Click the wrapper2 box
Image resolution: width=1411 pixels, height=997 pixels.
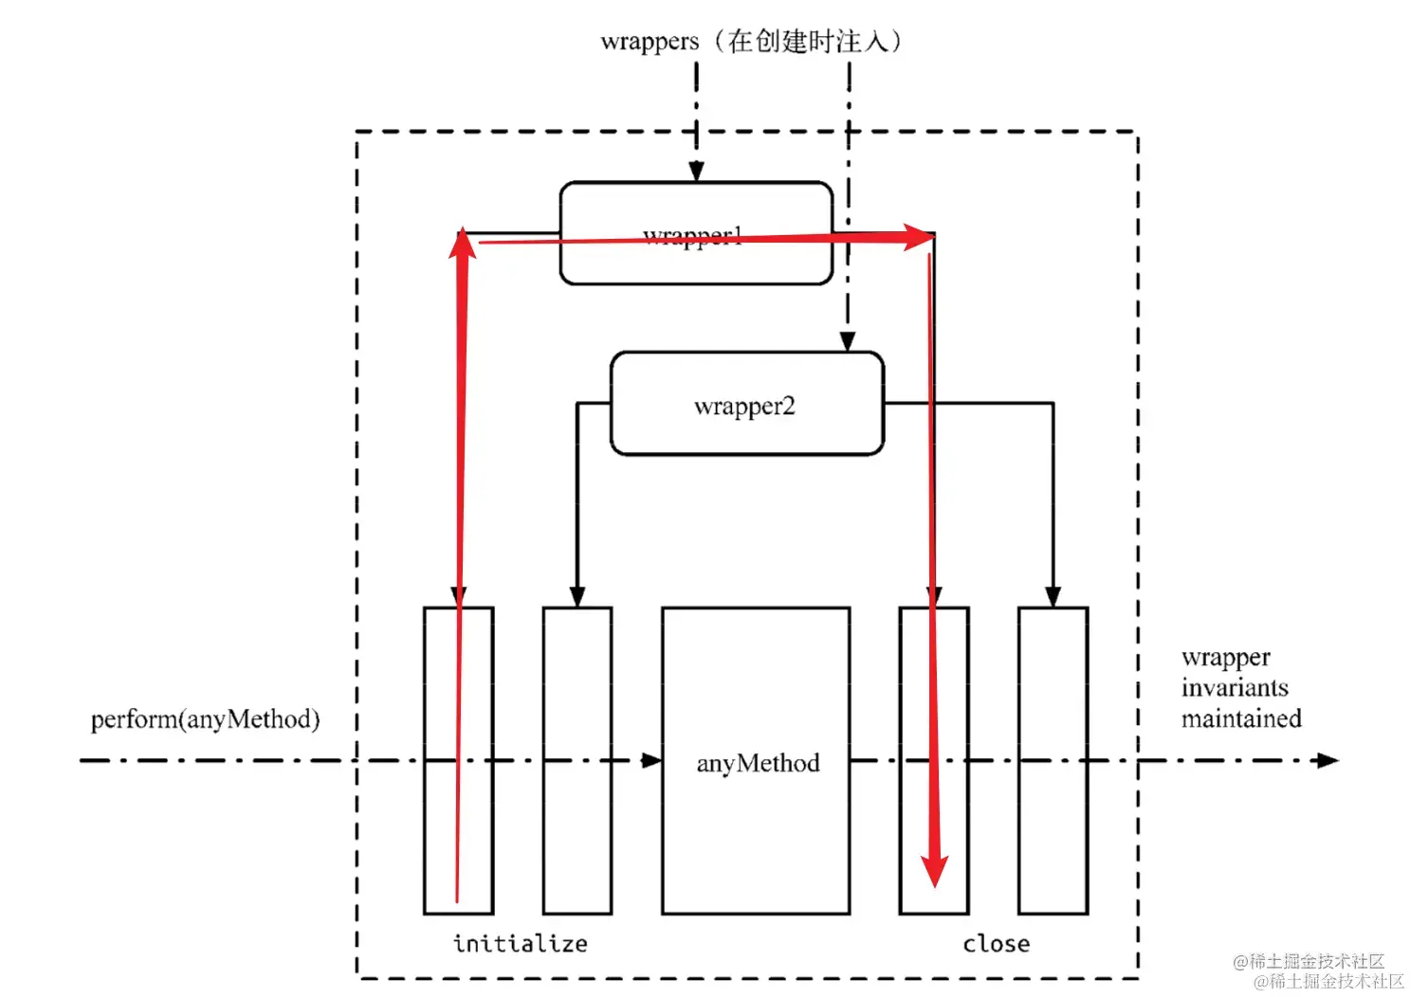tap(746, 405)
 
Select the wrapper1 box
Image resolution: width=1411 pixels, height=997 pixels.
tap(696, 233)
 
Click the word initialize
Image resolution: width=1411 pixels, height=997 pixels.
tap(520, 943)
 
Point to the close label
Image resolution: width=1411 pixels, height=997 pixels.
tap(996, 943)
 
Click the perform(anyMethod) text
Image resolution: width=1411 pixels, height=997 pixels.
tap(205, 719)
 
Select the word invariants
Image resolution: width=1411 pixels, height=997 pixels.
tap(1235, 687)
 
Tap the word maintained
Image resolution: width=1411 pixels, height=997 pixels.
tap(1241, 718)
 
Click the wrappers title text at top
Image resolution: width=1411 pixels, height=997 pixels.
tap(650, 42)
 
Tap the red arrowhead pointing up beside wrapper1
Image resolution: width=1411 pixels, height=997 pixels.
tap(462, 244)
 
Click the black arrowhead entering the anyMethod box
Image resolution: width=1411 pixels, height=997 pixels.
tap(651, 760)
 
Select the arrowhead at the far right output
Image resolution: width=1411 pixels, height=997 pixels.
tap(1328, 760)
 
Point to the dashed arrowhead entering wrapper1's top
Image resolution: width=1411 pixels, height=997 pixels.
tap(696, 172)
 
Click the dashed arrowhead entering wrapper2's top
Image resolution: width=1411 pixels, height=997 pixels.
tap(848, 341)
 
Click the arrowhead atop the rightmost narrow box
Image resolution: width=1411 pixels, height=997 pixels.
tap(1053, 596)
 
